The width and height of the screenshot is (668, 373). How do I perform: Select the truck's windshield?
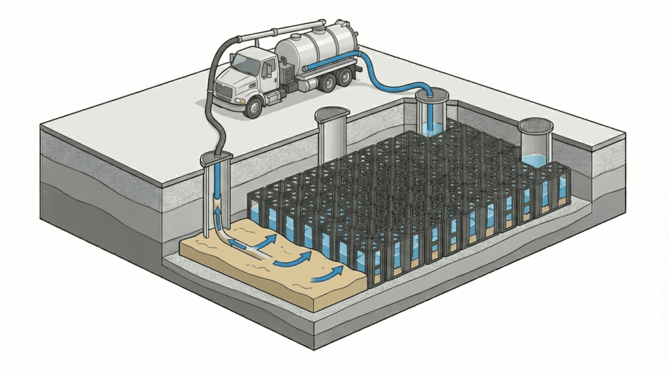[x=246, y=65]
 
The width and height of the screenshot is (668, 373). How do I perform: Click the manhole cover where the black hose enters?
[x=216, y=157]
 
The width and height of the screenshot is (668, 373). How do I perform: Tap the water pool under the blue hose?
[x=430, y=127]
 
